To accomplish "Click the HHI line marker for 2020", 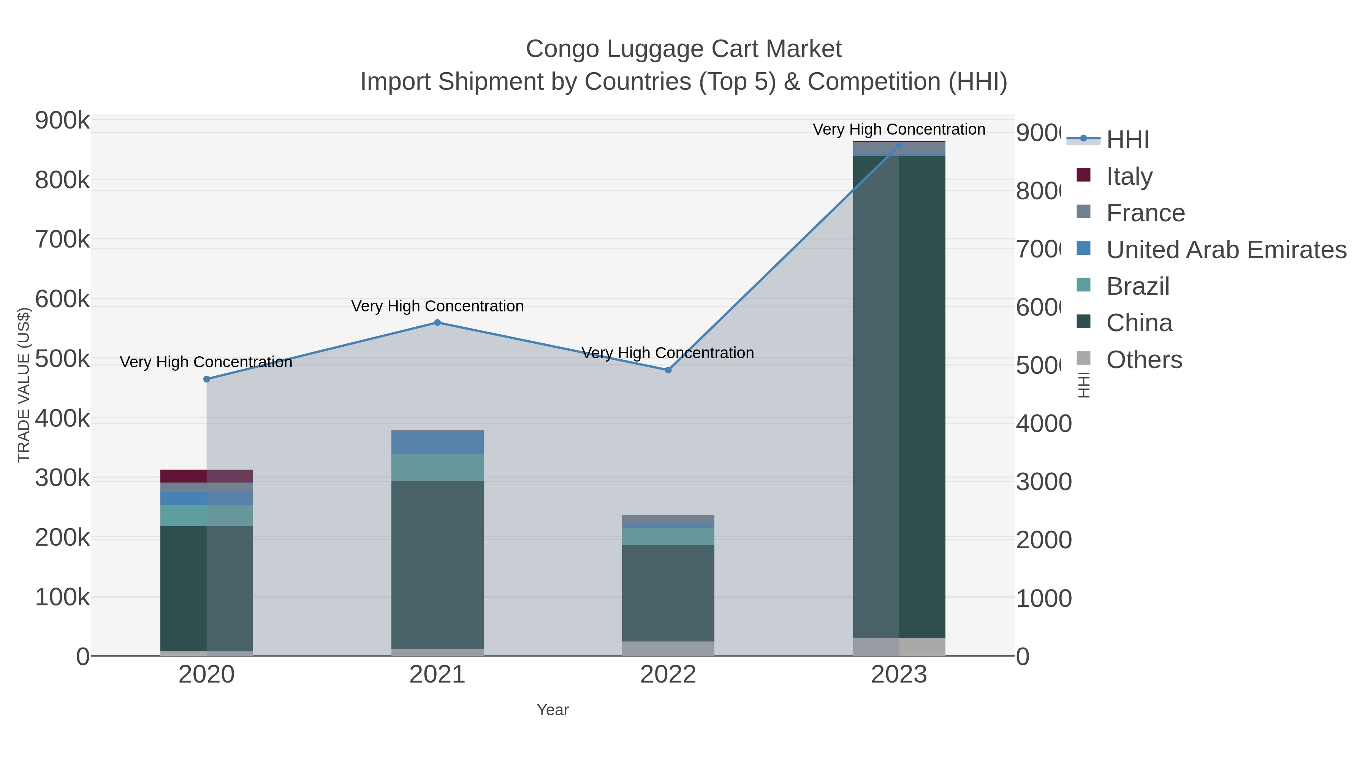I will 207,379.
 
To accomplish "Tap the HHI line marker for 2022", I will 668,370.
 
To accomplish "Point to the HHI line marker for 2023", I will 899,145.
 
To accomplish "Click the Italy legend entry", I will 1129,176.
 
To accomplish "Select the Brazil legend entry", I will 1137,286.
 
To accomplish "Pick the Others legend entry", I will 1144,360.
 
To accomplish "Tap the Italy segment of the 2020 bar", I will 207,476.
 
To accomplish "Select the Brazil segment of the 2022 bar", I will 668,536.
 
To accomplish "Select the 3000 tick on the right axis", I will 1043,482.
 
